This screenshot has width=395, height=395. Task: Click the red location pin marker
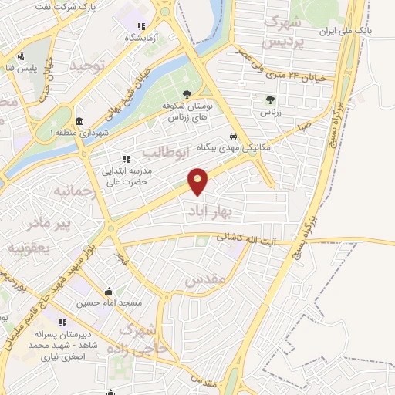tap(198, 181)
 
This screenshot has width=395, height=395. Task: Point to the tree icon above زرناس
tap(269, 100)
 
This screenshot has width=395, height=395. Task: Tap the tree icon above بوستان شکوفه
tap(187, 94)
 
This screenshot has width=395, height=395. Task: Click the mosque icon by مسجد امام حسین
tap(109, 291)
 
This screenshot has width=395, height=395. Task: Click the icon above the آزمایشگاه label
tap(140, 25)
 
